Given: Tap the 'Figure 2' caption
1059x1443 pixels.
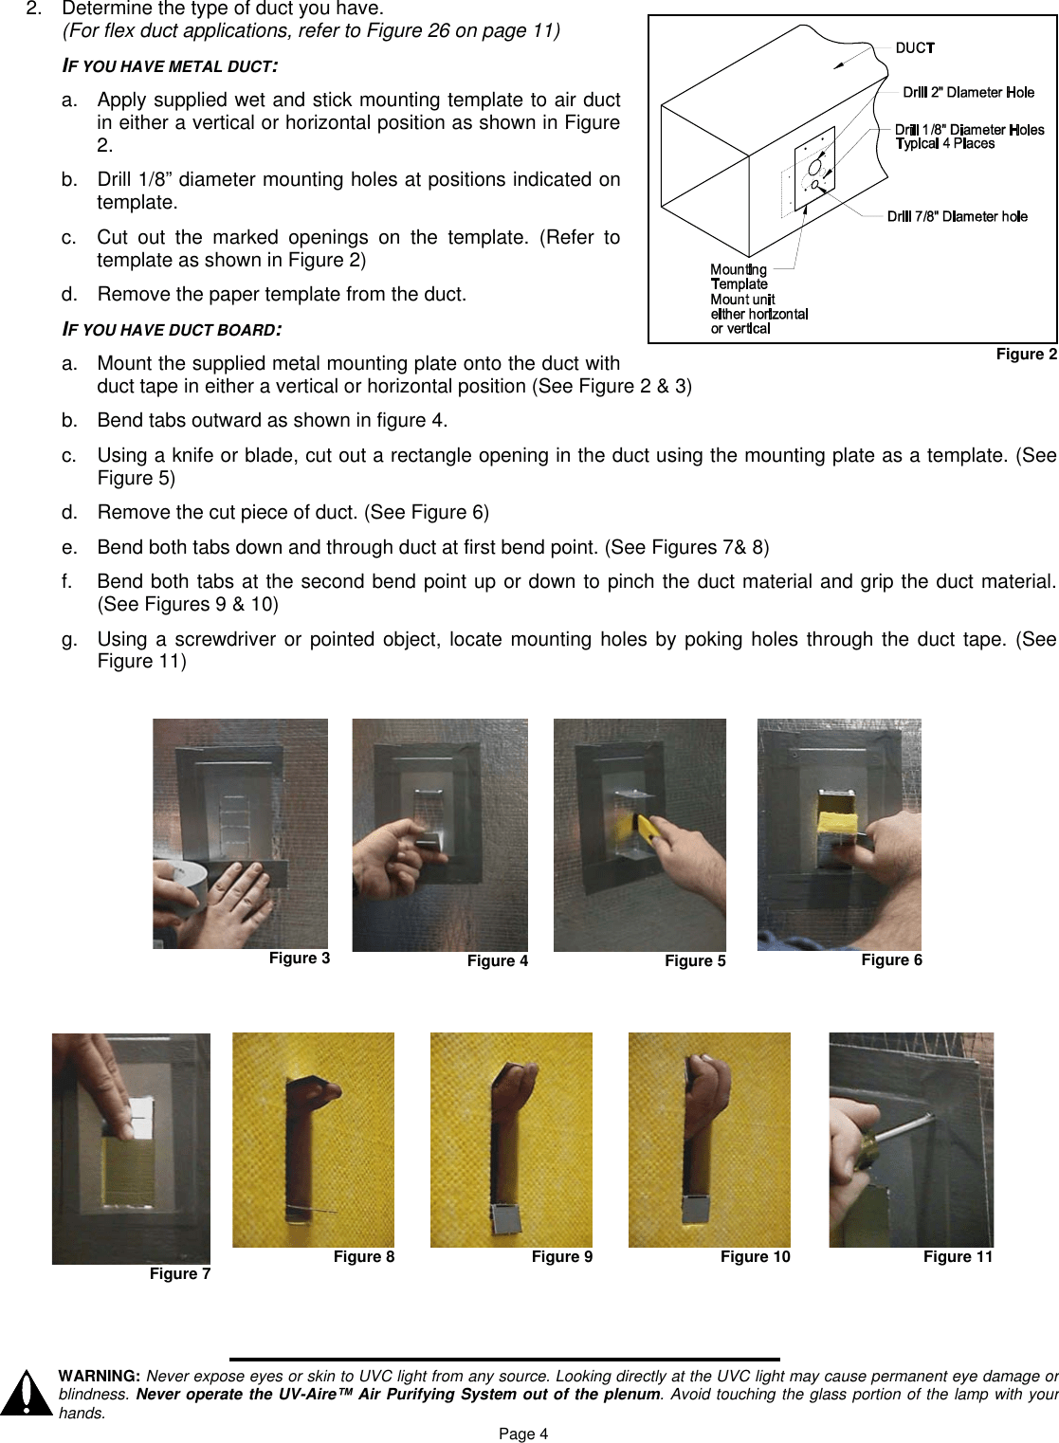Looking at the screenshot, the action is point(1026,354).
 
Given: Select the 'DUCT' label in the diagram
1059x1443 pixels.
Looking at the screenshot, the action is point(915,47).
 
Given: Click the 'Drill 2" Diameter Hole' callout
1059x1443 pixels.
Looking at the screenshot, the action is point(968,92).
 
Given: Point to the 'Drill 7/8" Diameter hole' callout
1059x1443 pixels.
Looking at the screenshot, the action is point(958,216).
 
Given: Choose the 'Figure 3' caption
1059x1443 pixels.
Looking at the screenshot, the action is point(300,958).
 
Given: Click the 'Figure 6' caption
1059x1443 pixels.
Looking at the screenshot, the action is point(891,959).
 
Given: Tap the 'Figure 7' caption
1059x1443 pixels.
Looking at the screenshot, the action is point(180,1273).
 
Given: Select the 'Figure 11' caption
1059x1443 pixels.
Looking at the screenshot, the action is point(958,1256).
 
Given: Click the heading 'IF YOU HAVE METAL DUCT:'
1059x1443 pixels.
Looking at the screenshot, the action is point(170,65).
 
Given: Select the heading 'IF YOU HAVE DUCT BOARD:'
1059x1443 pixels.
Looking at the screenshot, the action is point(172,329).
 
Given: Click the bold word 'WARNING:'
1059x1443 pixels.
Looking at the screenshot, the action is point(100,1376).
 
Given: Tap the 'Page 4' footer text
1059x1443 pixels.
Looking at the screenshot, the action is point(523,1434).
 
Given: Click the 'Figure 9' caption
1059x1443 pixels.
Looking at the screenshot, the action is point(561,1256).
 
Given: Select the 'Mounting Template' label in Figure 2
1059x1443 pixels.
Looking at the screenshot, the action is point(739,277).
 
